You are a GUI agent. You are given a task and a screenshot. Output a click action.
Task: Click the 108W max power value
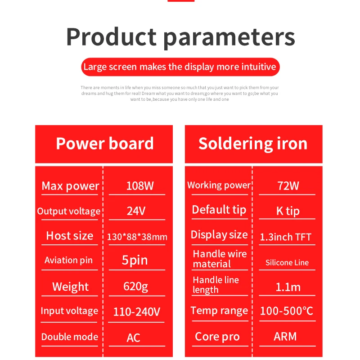[140, 186]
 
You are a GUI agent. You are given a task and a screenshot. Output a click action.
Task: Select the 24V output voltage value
[136, 211]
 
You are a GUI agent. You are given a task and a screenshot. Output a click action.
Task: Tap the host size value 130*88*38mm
[137, 237]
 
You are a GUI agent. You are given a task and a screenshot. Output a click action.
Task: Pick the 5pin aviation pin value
[135, 261]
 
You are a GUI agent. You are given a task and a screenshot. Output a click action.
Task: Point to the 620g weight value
[136, 287]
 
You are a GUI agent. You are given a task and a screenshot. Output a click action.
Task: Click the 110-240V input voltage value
[137, 312]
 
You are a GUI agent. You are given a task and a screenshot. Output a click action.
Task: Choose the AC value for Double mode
[133, 338]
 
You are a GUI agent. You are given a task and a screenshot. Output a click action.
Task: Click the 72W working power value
[288, 186]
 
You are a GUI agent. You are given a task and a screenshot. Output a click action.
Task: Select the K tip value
[288, 211]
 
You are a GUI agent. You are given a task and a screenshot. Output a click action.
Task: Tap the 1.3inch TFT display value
[286, 237]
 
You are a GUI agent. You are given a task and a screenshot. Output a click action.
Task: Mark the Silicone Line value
[287, 262]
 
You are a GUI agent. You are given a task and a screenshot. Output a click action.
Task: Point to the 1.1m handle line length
[288, 287]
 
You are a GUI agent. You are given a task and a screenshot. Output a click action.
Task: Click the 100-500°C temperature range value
[287, 311]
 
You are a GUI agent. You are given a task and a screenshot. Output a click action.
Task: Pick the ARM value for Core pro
[285, 337]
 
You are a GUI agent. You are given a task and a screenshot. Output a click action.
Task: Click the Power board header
[105, 144]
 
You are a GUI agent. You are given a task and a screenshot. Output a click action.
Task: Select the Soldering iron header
[253, 144]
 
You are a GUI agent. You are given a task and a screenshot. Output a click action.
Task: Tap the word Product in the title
[111, 37]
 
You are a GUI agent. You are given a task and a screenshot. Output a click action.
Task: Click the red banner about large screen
[180, 67]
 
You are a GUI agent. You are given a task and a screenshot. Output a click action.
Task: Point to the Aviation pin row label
[68, 261]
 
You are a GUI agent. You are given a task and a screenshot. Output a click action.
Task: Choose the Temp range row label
[219, 311]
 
